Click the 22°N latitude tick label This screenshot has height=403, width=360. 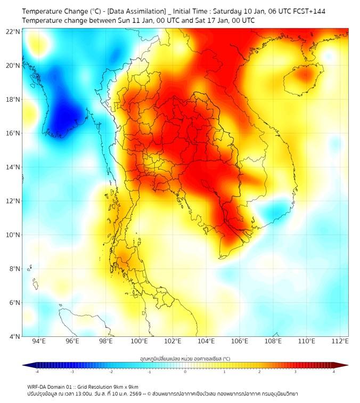pyautogui.click(x=13, y=31)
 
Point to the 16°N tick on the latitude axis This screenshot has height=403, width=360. pyautogui.click(x=13, y=133)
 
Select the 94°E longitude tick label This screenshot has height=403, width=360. pyautogui.click(x=39, y=342)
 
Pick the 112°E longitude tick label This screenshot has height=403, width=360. pyautogui.click(x=340, y=342)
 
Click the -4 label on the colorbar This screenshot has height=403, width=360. pyautogui.click(x=36, y=372)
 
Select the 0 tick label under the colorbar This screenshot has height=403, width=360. pyautogui.click(x=185, y=372)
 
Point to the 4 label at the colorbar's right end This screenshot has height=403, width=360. pyautogui.click(x=334, y=372)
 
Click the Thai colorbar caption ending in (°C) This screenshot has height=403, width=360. pyautogui.click(x=185, y=358)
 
